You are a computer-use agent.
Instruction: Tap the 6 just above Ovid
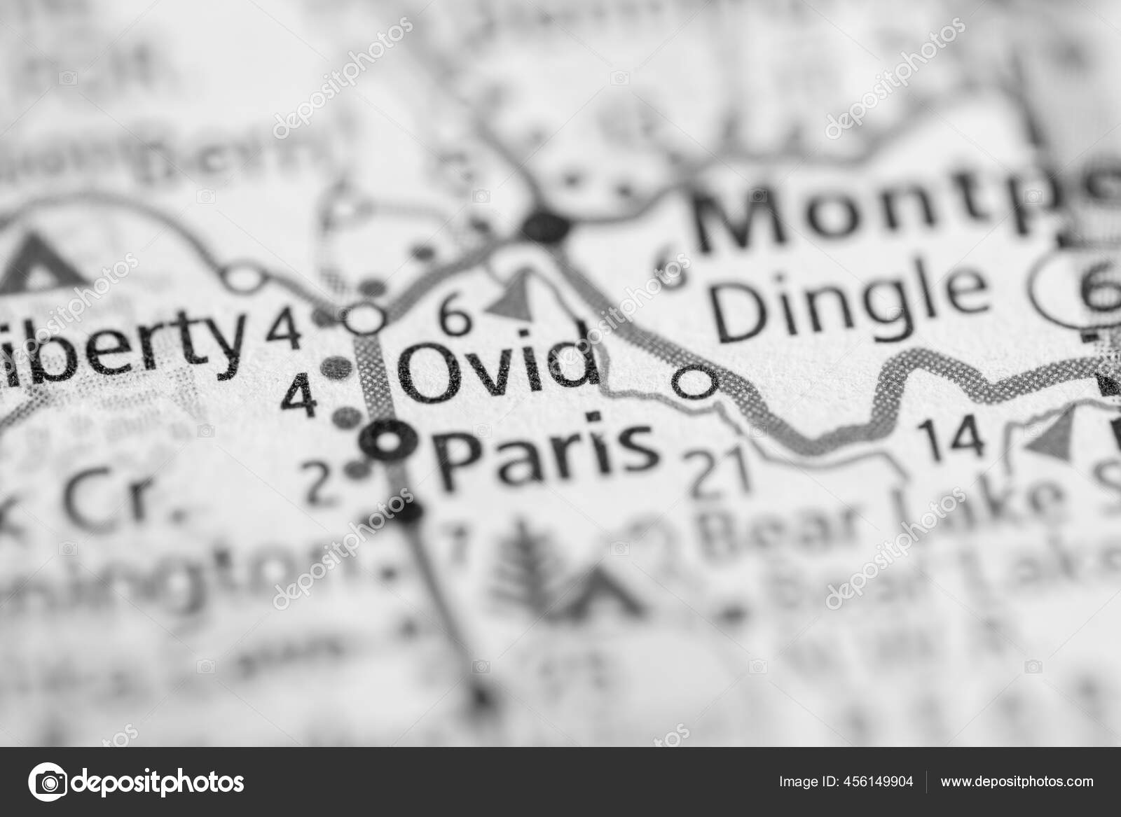click(456, 317)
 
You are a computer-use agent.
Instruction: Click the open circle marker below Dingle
click(695, 382)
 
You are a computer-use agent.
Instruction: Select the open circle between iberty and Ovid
click(366, 319)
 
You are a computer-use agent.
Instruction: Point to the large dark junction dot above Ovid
click(547, 225)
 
